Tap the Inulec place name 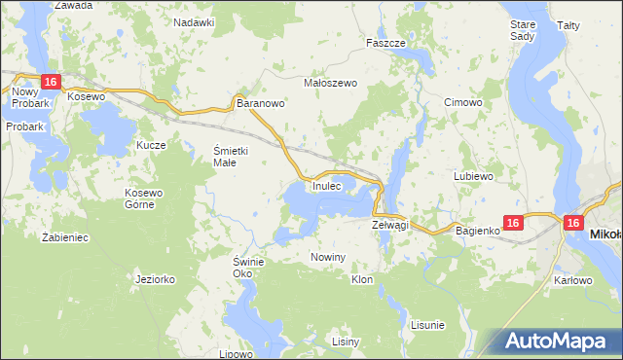(326, 186)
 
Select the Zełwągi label (389, 225)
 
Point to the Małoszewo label (332, 83)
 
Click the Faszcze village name (385, 43)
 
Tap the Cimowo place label (462, 102)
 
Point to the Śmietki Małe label (233, 156)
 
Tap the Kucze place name (151, 145)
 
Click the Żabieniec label (66, 236)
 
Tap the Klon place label (362, 279)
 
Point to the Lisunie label (427, 324)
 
